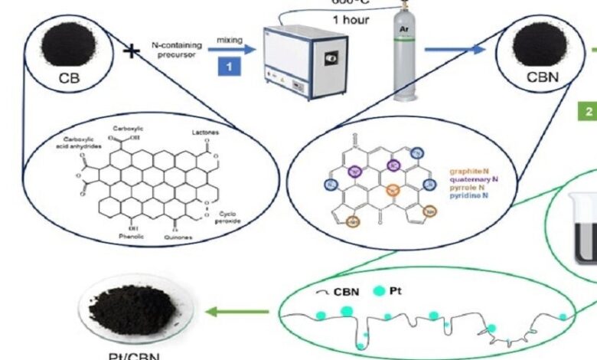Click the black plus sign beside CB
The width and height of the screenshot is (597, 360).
pos(132,51)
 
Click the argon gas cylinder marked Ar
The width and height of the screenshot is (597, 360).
pos(405,58)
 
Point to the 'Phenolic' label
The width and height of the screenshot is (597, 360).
pos(122,236)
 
